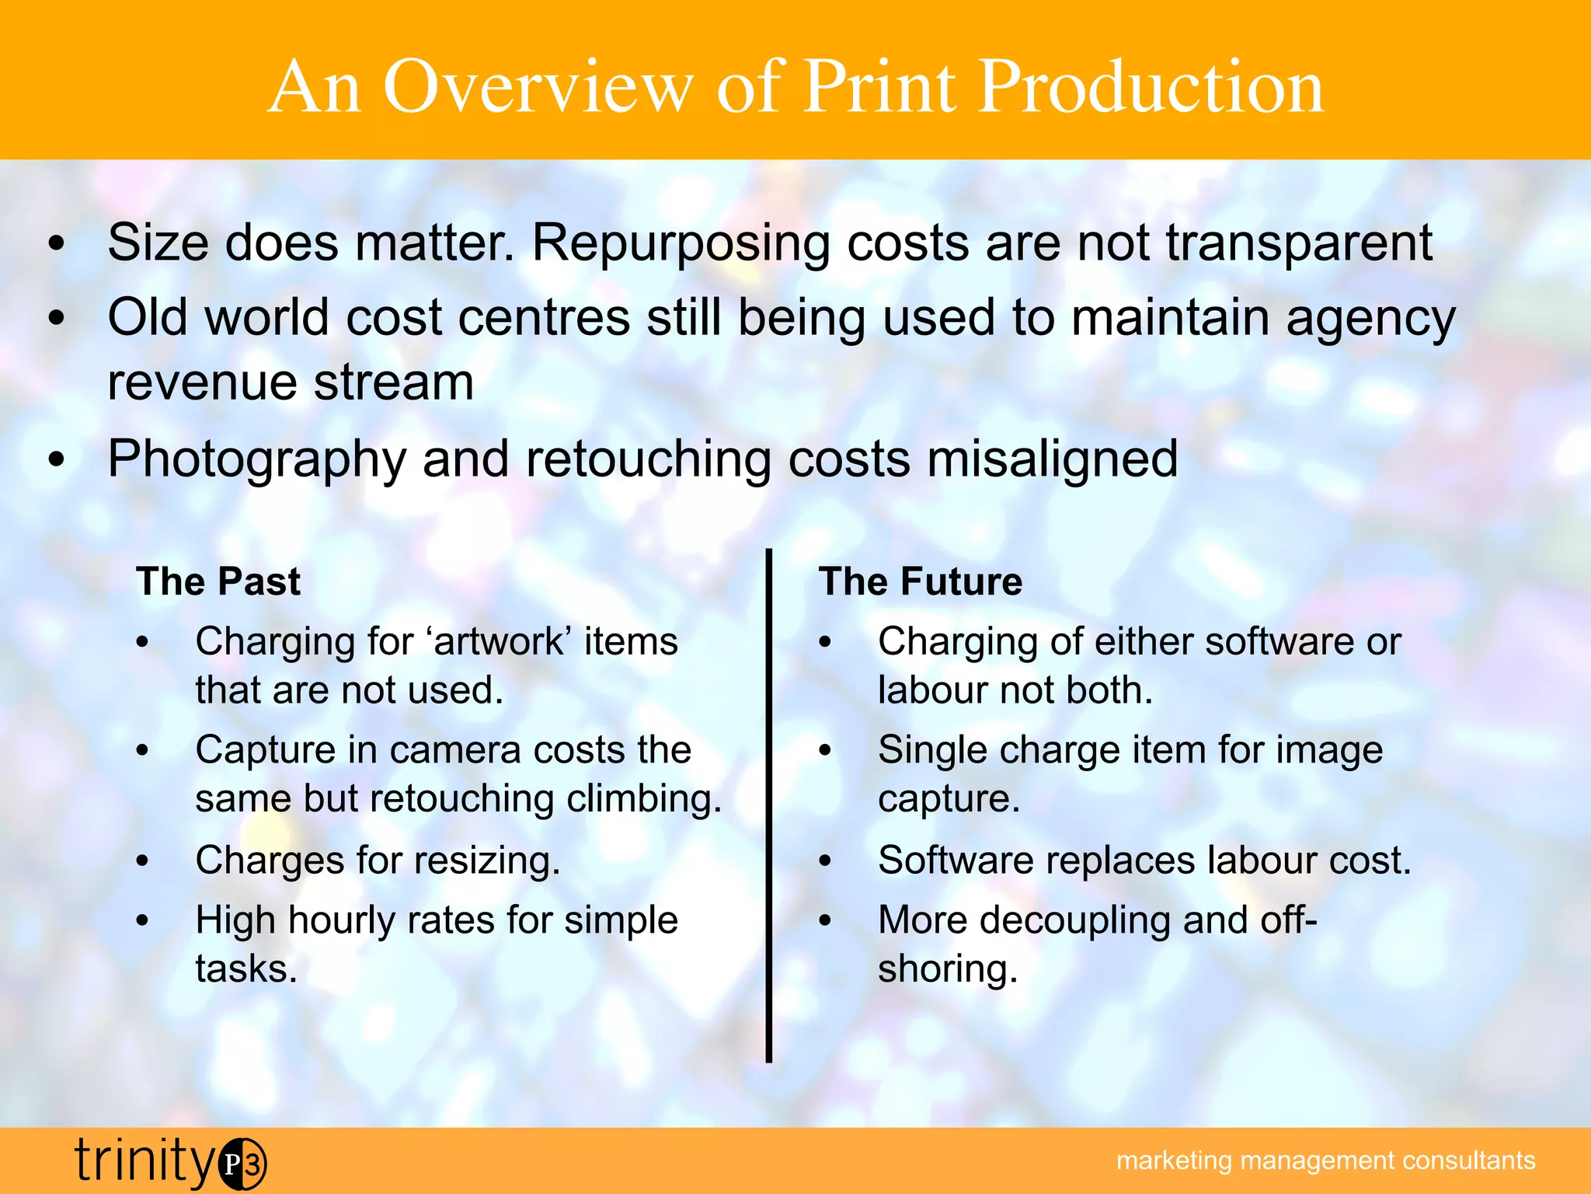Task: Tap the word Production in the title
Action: click(x=1151, y=87)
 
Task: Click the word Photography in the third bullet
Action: click(x=256, y=459)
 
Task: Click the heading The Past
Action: click(x=218, y=581)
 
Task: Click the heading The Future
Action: click(x=921, y=581)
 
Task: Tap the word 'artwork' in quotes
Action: click(x=499, y=642)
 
